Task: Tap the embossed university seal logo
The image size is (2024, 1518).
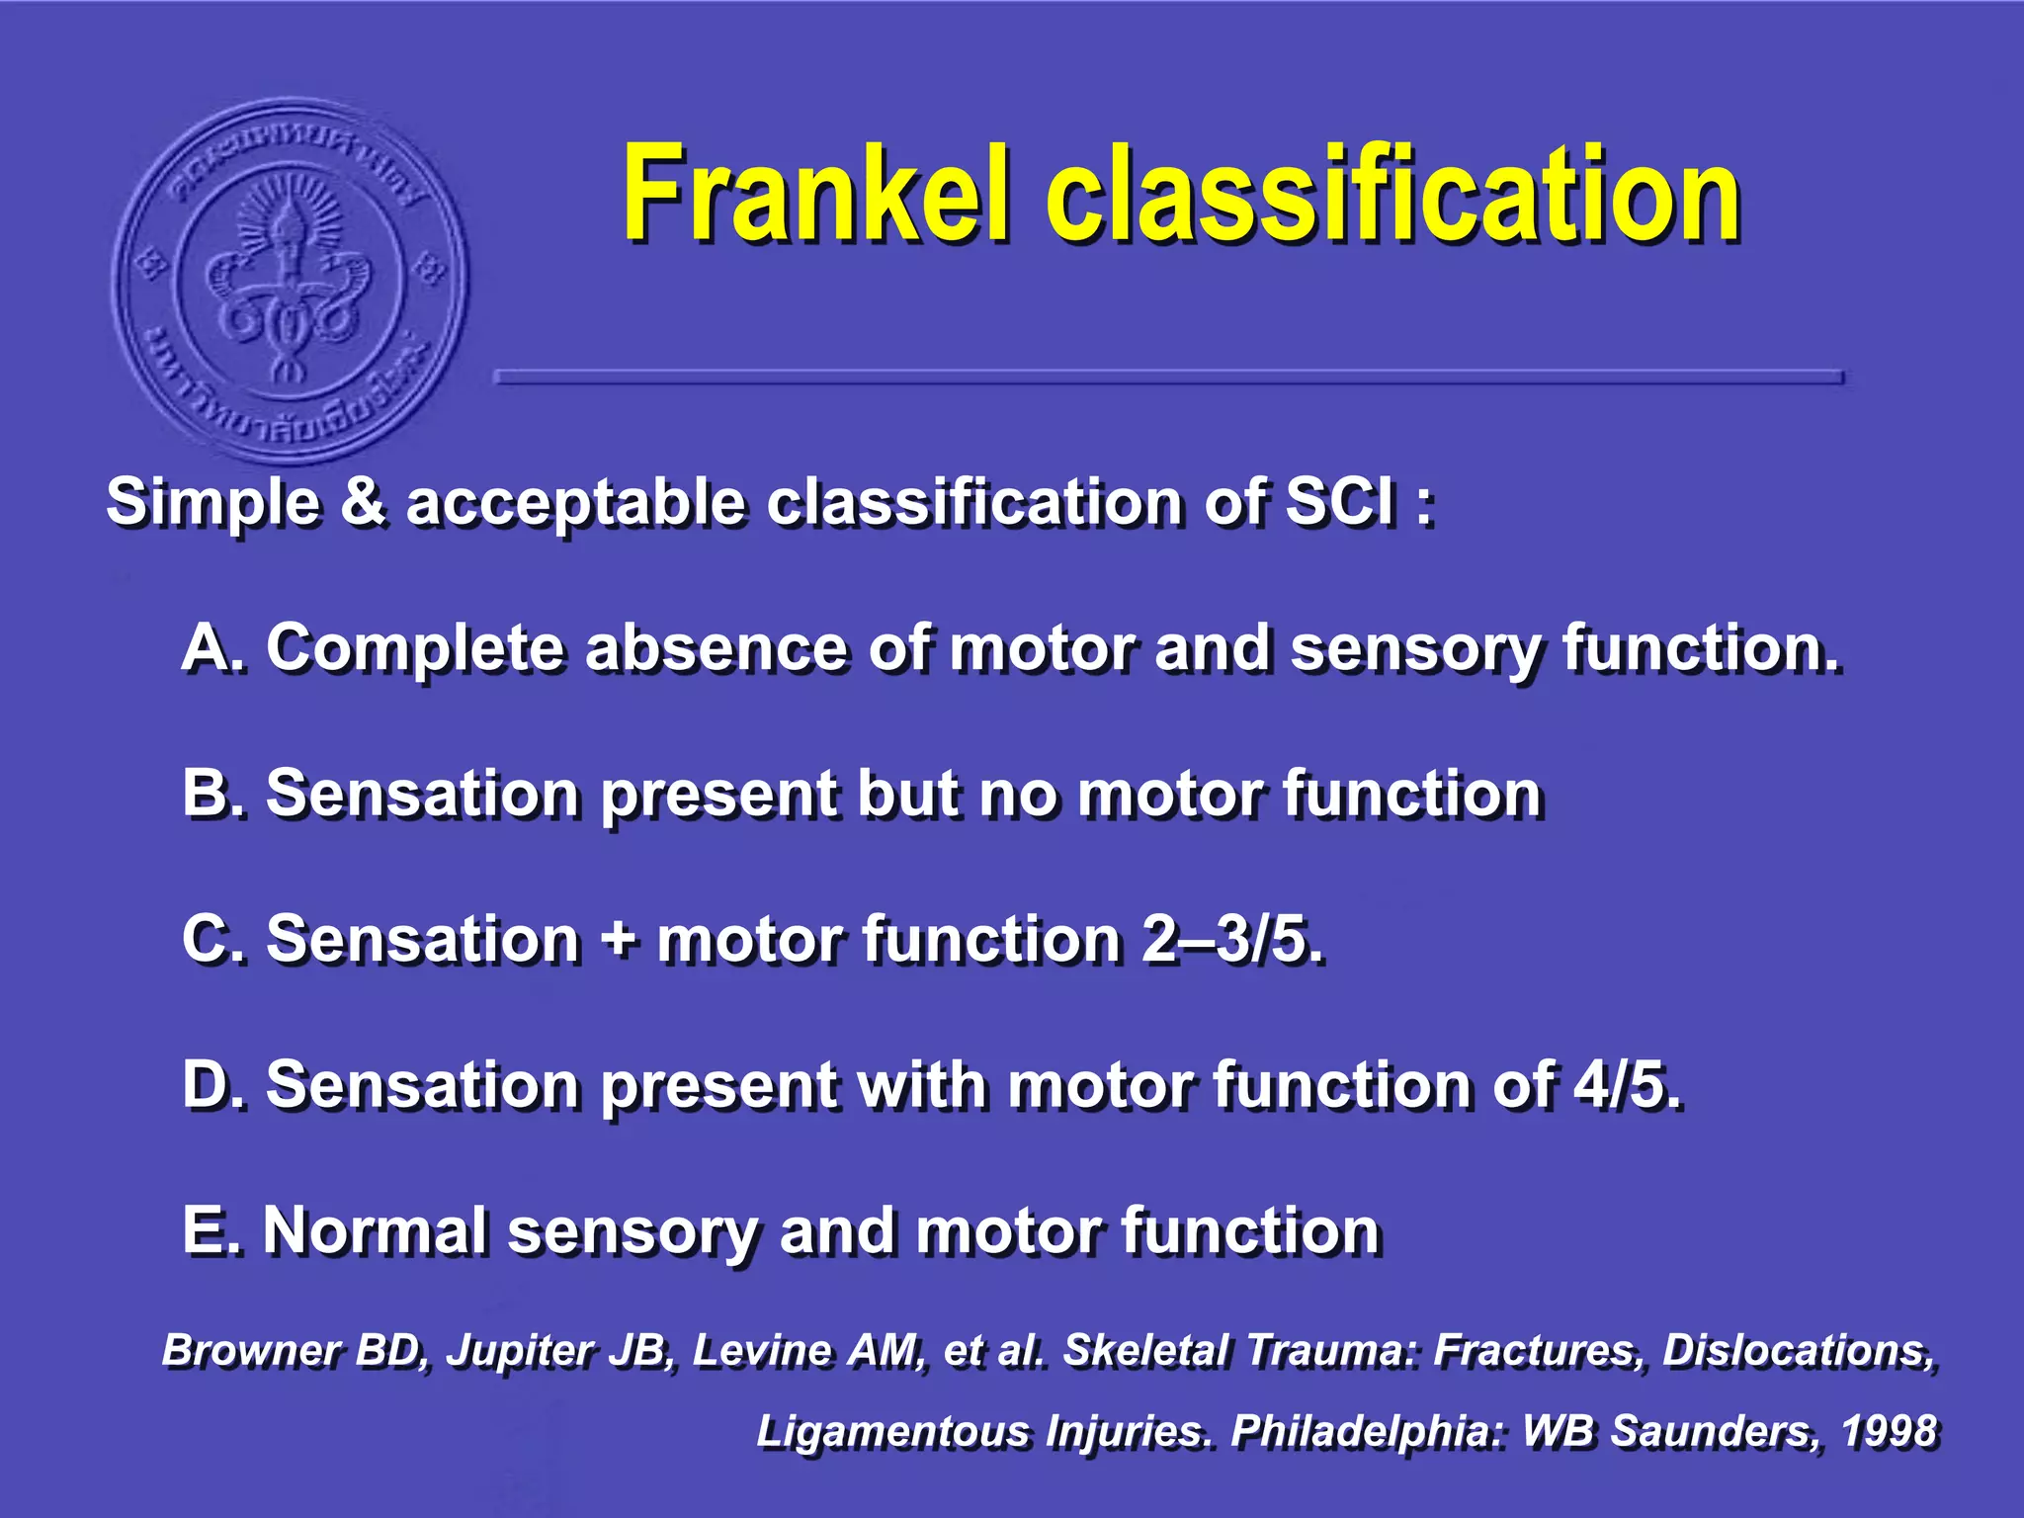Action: (290, 280)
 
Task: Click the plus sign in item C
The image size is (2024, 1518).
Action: (620, 939)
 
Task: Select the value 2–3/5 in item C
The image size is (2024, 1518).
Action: (1229, 939)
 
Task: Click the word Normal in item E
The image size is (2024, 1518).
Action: (375, 1230)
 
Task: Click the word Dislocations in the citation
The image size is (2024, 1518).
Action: (1798, 1351)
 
